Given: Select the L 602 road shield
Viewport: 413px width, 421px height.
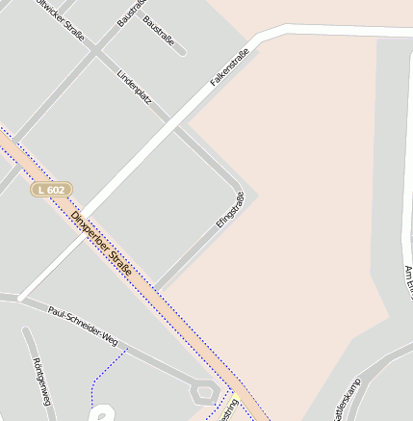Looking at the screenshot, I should (x=50, y=190).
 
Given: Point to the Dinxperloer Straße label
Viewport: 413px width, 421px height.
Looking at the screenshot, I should (x=101, y=244).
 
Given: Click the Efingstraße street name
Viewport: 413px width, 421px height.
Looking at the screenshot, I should (x=230, y=210).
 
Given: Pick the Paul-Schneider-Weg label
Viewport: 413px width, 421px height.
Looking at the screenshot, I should (x=83, y=325).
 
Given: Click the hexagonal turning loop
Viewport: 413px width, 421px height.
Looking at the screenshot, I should (x=204, y=390).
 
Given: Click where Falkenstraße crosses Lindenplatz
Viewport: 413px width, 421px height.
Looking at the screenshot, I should (x=175, y=124).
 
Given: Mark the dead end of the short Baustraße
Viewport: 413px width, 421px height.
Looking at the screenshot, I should (x=183, y=50).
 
